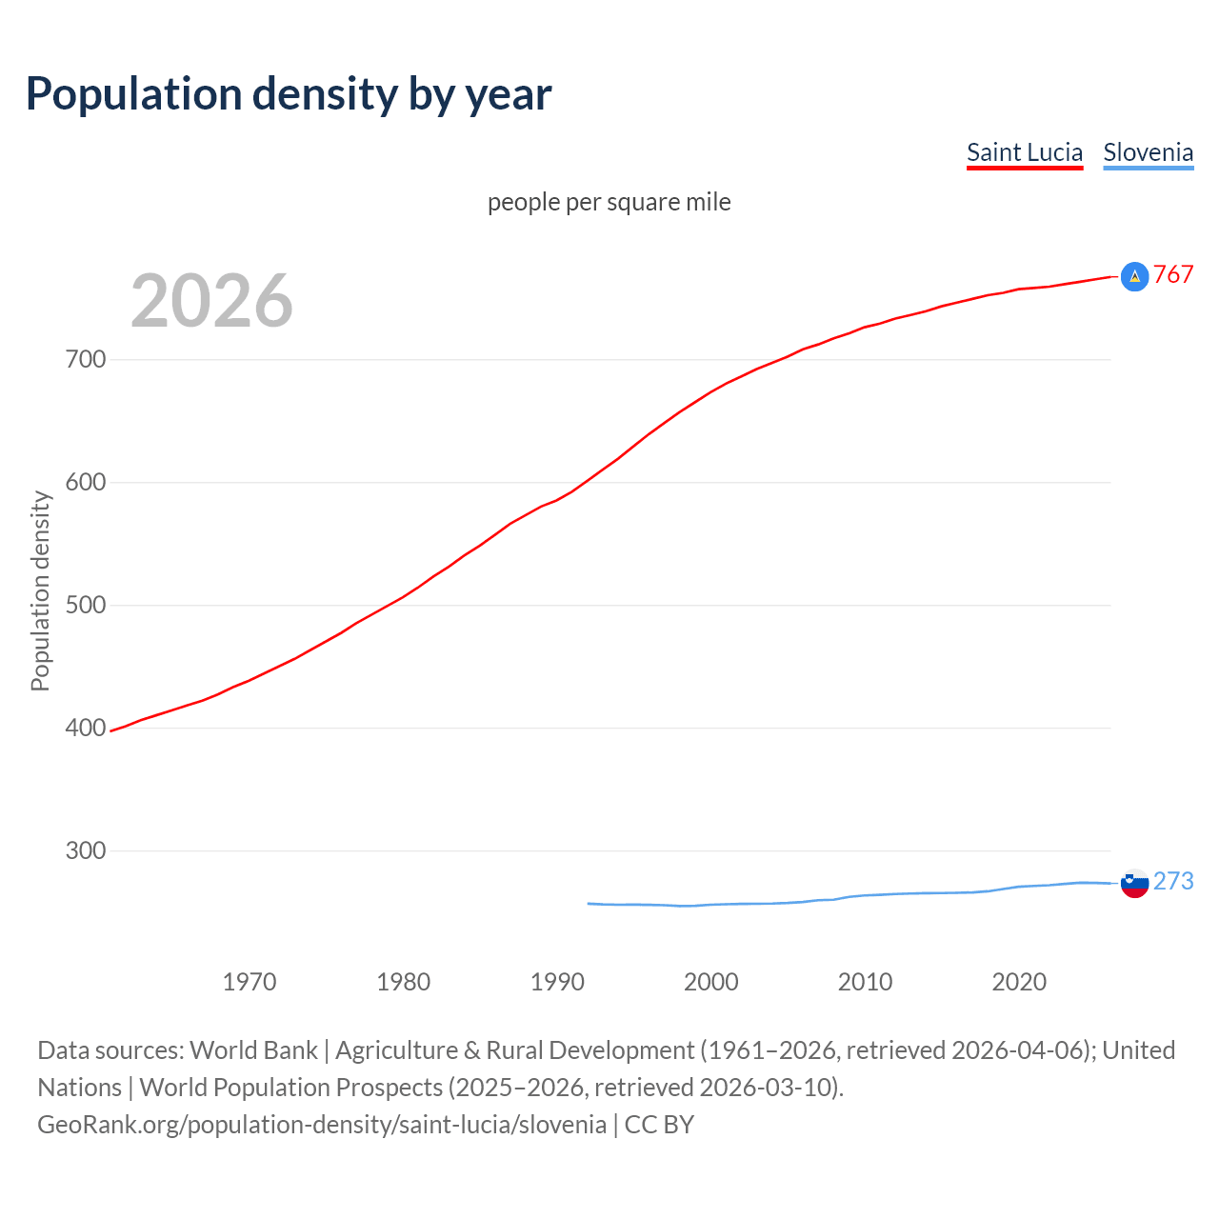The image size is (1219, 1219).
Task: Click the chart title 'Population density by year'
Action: pyautogui.click(x=289, y=93)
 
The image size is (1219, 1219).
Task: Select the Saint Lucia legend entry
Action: pyautogui.click(x=1024, y=152)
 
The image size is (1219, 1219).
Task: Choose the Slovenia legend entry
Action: pyautogui.click(x=1148, y=152)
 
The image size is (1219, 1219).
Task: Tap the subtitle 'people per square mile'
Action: pyautogui.click(x=609, y=202)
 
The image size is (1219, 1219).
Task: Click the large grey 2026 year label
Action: pyautogui.click(x=211, y=301)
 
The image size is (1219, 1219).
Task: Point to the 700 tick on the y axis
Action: pyautogui.click(x=86, y=359)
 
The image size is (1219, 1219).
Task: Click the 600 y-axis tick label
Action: pyautogui.click(x=86, y=482)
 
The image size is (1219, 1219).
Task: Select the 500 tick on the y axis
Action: pyautogui.click(x=86, y=605)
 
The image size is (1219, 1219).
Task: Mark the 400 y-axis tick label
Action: pyautogui.click(x=86, y=728)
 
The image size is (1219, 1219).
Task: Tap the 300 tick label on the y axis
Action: pyautogui.click(x=86, y=850)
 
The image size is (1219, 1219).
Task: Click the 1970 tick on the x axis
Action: pyautogui.click(x=250, y=982)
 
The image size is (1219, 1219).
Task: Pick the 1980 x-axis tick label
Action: pyautogui.click(x=403, y=982)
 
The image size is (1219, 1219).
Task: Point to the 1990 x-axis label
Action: pyautogui.click(x=557, y=982)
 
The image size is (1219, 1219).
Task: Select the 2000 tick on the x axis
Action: pyautogui.click(x=710, y=982)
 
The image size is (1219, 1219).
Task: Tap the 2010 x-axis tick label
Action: pyautogui.click(x=865, y=982)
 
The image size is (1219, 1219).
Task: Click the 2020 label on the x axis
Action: pyautogui.click(x=1019, y=982)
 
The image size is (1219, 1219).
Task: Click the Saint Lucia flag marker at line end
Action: pyautogui.click(x=1134, y=276)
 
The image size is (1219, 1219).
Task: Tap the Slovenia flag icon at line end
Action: pyautogui.click(x=1134, y=883)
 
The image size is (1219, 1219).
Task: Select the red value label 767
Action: pyautogui.click(x=1173, y=275)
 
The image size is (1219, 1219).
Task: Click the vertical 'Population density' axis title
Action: pyautogui.click(x=40, y=590)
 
